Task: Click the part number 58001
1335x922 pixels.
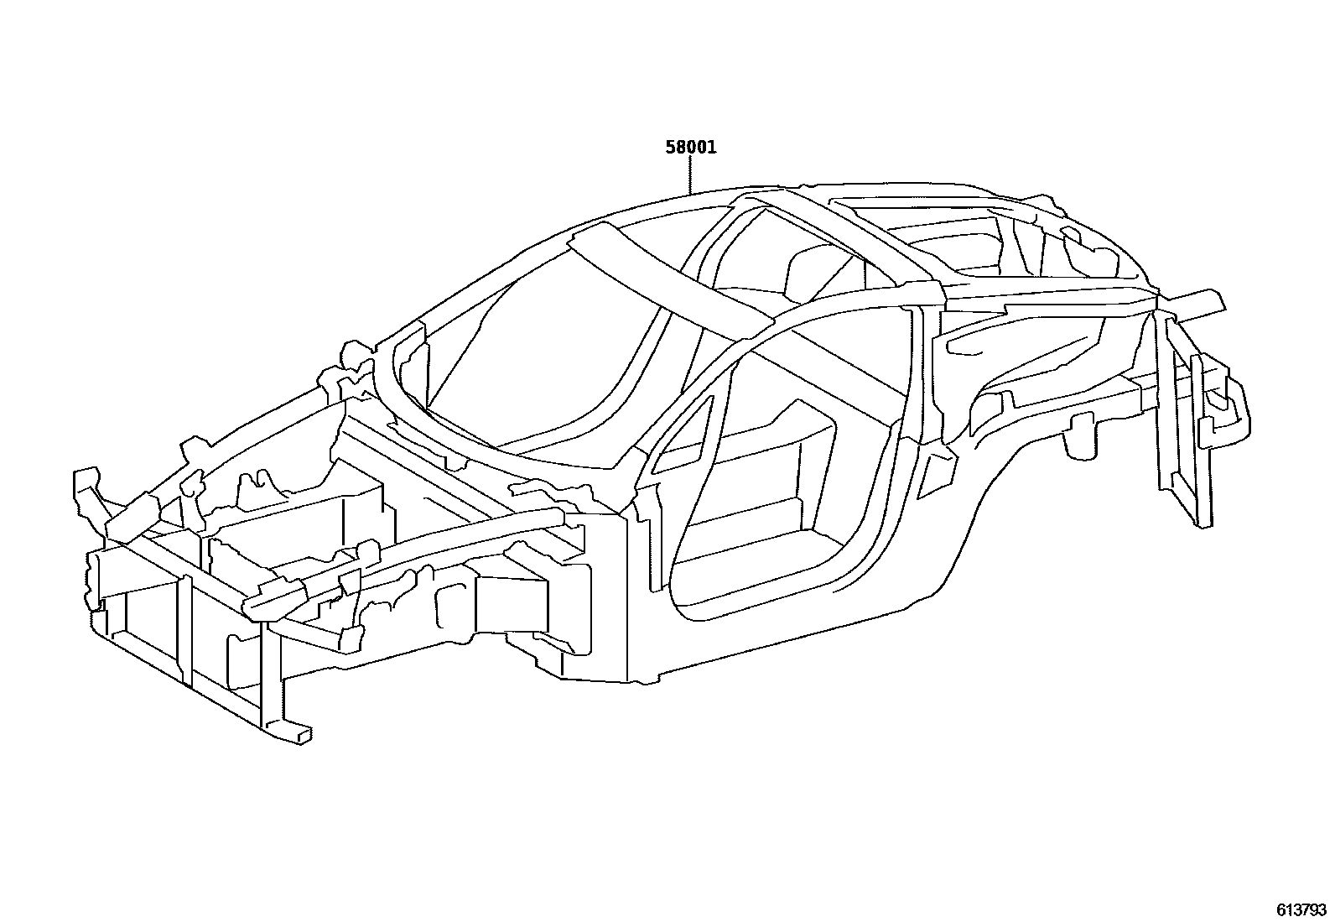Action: click(690, 148)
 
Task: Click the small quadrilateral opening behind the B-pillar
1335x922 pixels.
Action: click(932, 475)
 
